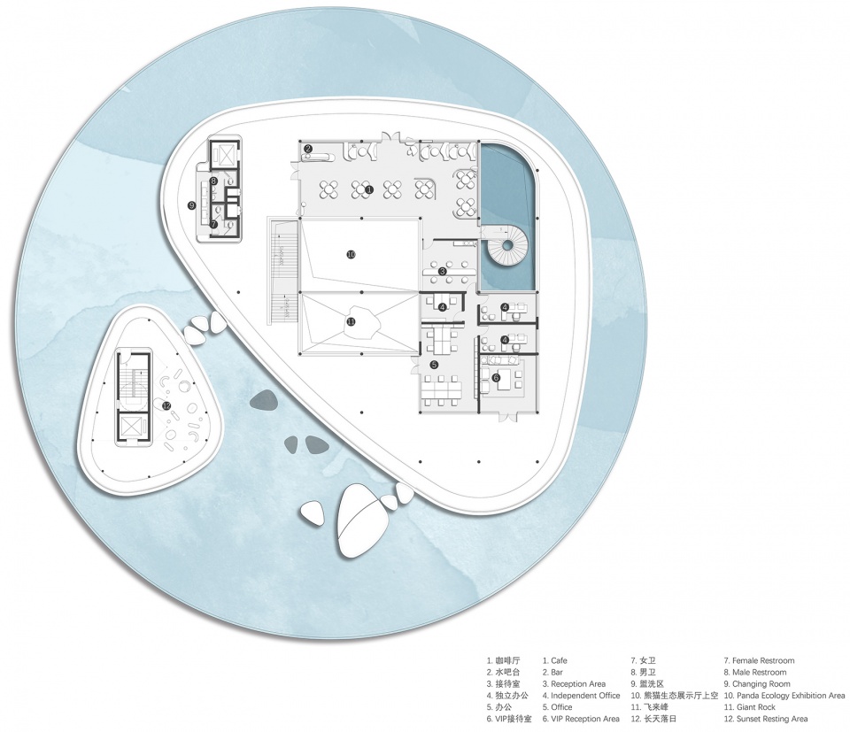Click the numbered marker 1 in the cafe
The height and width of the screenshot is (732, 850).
(x=370, y=189)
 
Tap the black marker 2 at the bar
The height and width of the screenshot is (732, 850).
(x=307, y=148)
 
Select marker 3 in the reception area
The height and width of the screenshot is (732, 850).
(x=443, y=271)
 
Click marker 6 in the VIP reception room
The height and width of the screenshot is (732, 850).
(x=496, y=377)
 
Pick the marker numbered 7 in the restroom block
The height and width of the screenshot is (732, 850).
(x=214, y=223)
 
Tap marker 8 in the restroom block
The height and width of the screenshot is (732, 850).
(x=214, y=181)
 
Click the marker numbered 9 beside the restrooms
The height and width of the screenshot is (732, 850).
(x=191, y=204)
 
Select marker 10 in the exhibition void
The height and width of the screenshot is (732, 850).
(x=351, y=253)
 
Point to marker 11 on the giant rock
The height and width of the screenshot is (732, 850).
(x=351, y=321)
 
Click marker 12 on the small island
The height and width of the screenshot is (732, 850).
(x=166, y=405)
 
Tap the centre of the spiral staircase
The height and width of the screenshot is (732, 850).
(x=506, y=245)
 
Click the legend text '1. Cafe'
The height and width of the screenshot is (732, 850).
(x=555, y=660)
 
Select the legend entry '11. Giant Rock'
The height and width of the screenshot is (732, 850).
(x=750, y=707)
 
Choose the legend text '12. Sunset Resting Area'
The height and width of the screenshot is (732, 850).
(x=765, y=719)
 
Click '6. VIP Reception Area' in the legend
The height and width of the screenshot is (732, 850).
(x=581, y=719)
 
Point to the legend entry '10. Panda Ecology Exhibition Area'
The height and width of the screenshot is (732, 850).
(x=784, y=695)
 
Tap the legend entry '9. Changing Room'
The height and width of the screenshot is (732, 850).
(x=757, y=684)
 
